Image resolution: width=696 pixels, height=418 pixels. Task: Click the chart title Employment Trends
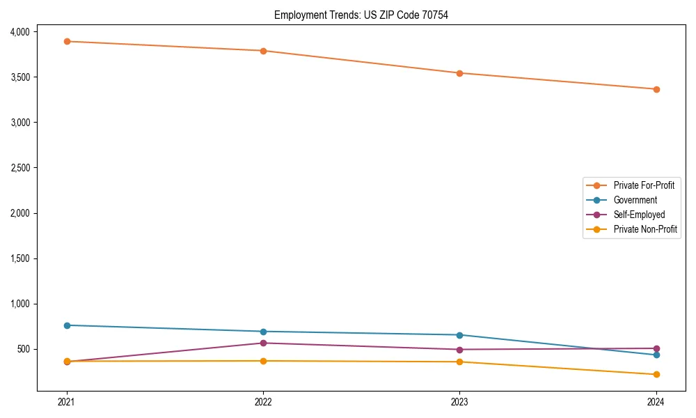click(361, 15)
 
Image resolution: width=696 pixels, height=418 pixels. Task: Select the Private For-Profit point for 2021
click(67, 41)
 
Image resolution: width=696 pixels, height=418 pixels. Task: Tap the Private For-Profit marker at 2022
click(263, 51)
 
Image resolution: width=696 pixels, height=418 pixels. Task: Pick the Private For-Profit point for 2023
click(459, 73)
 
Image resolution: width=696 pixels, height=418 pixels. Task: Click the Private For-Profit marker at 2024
click(656, 89)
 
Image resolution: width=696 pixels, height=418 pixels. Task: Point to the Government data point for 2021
click(67, 325)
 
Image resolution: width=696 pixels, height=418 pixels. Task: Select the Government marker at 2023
click(459, 335)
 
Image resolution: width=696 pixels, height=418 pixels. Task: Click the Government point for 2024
click(656, 355)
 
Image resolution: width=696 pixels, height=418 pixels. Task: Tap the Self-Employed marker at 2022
click(263, 343)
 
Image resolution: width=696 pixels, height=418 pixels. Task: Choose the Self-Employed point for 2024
click(656, 348)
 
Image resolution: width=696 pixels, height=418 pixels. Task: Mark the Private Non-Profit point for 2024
click(656, 375)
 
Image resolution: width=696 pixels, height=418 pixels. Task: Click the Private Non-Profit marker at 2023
click(459, 362)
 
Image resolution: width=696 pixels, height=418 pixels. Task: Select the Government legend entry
click(635, 200)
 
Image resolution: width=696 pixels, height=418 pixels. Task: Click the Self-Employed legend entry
click(639, 215)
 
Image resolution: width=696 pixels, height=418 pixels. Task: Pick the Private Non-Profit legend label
click(645, 229)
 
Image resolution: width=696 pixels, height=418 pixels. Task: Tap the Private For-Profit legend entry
click(644, 185)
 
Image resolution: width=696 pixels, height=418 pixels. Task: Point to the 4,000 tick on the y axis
click(19, 32)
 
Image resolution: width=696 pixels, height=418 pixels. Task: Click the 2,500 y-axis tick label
click(19, 168)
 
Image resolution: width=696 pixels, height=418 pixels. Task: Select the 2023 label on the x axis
click(459, 401)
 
